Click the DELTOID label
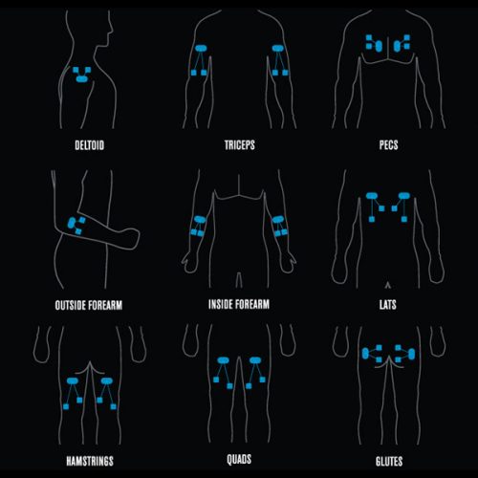coord(89,145)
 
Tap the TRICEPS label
coord(240,145)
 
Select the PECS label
coord(388,145)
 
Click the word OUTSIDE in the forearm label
coord(71,305)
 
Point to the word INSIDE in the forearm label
coord(220,304)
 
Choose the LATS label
coord(388,305)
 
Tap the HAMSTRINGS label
coord(90,461)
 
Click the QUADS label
coord(239,460)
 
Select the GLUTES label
coord(389,461)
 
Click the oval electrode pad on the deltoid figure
coord(82,78)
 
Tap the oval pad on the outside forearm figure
coord(72,223)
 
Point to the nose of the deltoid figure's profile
coord(112,32)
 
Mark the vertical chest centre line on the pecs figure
coord(388,49)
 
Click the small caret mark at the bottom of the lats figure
coord(387,285)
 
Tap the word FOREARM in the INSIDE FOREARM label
coord(252,304)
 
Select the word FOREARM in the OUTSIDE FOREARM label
coord(105,305)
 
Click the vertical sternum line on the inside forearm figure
coord(239,185)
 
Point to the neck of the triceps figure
coord(239,12)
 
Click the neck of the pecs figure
coord(389,12)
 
